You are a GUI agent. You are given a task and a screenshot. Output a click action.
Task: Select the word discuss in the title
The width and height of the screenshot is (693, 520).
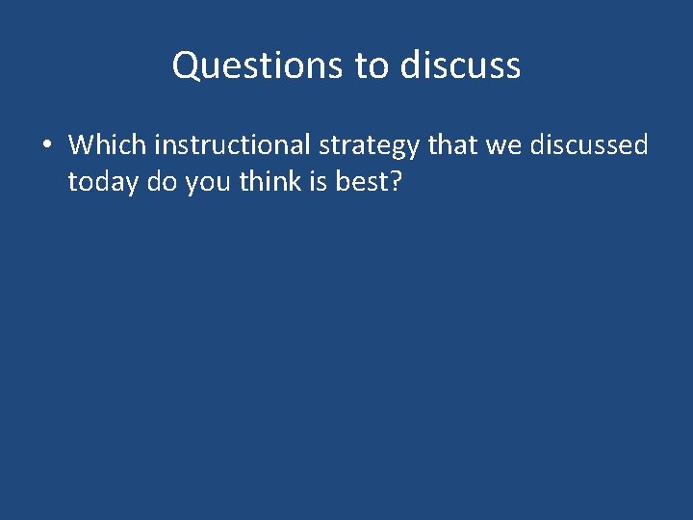[460, 65]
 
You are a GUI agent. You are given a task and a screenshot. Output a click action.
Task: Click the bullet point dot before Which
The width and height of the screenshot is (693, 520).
[45, 146]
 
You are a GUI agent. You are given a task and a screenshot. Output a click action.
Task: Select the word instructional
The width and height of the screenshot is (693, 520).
[232, 145]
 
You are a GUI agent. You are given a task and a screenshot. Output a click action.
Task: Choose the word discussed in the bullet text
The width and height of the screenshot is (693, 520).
[591, 145]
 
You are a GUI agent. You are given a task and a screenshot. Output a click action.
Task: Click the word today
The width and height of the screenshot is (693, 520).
[102, 182]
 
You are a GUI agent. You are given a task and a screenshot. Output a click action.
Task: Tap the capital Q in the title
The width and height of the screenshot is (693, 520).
[185, 65]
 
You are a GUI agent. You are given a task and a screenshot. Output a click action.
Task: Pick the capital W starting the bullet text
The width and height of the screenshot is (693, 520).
[81, 145]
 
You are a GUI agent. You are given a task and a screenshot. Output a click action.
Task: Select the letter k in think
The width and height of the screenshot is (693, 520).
[294, 181]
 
